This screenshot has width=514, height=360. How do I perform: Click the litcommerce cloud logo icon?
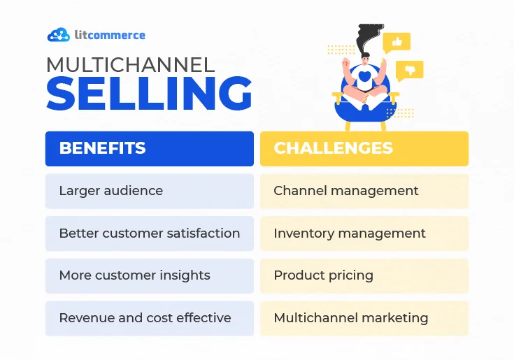click(59, 35)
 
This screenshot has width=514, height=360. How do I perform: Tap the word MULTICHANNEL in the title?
click(131, 64)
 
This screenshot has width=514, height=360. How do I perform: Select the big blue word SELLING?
click(149, 93)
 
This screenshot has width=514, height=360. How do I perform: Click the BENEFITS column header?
click(150, 149)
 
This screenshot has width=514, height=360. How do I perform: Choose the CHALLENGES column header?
click(364, 149)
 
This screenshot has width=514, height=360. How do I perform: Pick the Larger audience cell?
click(150, 191)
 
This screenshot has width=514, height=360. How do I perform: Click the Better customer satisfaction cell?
click(150, 233)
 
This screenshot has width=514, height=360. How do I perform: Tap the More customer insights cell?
click(150, 276)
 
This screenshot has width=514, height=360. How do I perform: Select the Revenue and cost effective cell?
click(150, 318)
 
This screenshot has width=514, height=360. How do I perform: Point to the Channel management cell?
click(364, 191)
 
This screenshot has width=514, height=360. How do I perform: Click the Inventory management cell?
click(364, 233)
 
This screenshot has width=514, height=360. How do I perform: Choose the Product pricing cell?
click(364, 276)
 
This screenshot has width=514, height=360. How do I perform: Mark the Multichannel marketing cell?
click(364, 318)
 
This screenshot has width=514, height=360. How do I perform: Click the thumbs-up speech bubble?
click(397, 42)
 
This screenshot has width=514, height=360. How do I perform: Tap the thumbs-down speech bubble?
click(409, 70)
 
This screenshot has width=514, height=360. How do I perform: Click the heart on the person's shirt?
click(364, 76)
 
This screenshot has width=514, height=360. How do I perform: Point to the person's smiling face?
click(365, 60)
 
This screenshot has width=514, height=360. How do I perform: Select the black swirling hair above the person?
click(369, 38)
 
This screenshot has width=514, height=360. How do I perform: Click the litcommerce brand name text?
click(110, 35)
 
